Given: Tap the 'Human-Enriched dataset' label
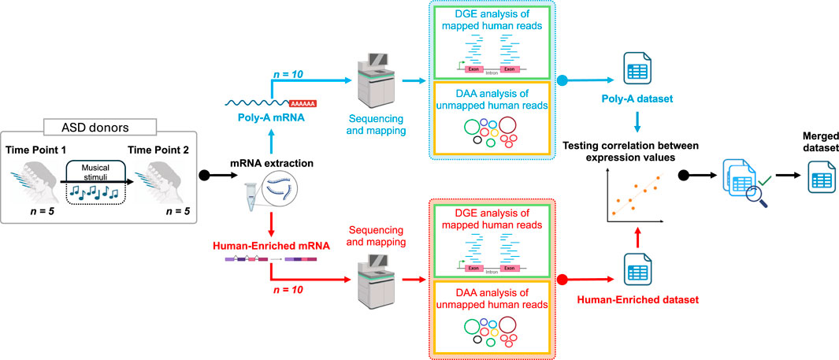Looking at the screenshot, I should pos(637,300).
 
